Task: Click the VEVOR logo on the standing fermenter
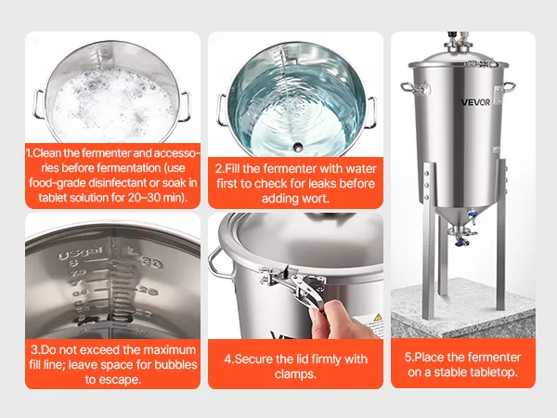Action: tap(475, 102)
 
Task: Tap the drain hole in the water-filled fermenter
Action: tap(298, 146)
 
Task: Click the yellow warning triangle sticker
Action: tap(378, 317)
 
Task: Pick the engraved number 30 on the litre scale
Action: tap(151, 262)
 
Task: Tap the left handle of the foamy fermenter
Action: tap(38, 104)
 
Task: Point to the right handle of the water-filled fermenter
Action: tap(371, 112)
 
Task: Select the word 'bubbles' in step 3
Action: tap(175, 365)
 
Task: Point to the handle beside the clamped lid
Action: tap(217, 262)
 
